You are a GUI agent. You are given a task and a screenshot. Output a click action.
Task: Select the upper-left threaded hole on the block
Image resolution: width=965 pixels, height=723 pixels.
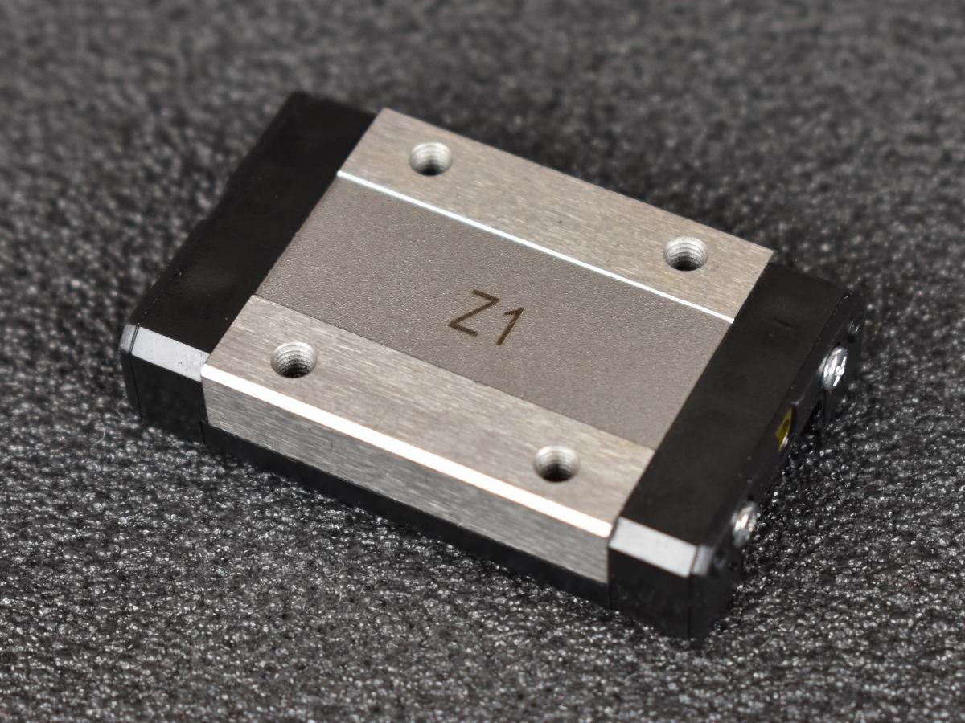431,158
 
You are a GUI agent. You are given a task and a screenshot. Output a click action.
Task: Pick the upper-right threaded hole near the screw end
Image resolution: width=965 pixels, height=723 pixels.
685,253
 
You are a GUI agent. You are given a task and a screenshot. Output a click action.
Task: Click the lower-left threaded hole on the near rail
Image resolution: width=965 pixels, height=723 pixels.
294,361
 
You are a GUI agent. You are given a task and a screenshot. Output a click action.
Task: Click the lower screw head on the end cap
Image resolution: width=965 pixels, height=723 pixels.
745,525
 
